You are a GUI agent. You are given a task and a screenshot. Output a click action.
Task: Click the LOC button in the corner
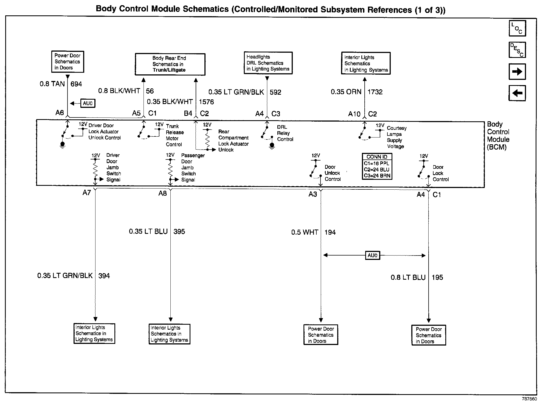(517, 28)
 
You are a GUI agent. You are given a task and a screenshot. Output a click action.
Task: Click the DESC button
(517, 50)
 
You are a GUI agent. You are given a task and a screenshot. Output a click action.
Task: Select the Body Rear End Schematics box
(170, 64)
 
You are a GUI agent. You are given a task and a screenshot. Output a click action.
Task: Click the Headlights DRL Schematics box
(268, 63)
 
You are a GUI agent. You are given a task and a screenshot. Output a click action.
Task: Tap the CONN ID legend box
(377, 166)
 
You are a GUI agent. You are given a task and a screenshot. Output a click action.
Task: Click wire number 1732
(375, 92)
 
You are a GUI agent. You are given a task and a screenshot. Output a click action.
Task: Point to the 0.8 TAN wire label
(52, 84)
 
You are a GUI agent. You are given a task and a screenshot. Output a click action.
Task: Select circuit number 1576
(206, 102)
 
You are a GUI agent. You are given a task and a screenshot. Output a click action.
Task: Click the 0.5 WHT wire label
(305, 232)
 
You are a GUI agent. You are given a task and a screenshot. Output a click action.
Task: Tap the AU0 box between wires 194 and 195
(372, 256)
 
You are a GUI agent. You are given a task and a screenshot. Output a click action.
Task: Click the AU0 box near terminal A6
(88, 103)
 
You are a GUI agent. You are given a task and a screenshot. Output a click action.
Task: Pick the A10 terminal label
(354, 114)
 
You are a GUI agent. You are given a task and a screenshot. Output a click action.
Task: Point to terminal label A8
(162, 193)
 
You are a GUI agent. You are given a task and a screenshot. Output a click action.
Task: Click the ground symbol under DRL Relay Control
(272, 146)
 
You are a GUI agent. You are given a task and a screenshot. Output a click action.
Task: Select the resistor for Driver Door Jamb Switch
(95, 170)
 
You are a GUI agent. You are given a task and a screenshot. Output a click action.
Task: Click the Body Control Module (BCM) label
(498, 136)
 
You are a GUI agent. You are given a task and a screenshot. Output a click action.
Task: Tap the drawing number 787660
(529, 399)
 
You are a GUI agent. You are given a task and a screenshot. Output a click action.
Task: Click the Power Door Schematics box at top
(67, 62)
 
